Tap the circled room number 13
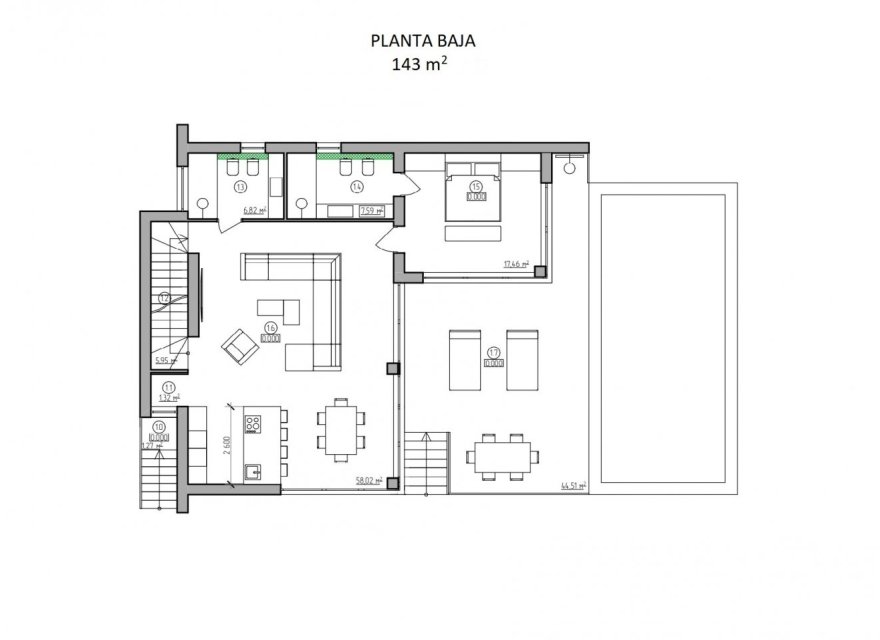[240, 186]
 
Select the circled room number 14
[356, 186]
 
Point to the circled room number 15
[476, 186]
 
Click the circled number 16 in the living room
[270, 327]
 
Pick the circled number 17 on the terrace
[493, 353]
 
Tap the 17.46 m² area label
[516, 264]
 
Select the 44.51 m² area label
[572, 487]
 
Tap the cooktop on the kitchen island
[251, 423]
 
